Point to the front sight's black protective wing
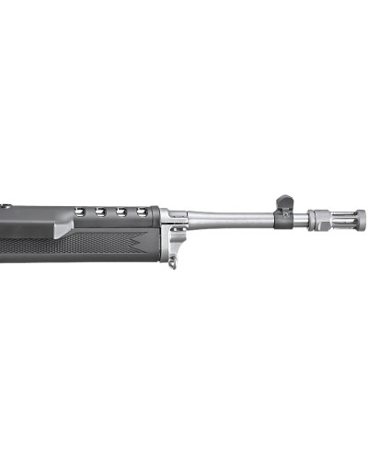tap(283, 202)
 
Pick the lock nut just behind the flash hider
tap(318, 220)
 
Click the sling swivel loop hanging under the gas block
tap(172, 263)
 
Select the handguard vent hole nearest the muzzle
tap(143, 213)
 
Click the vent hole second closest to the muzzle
tap(121, 213)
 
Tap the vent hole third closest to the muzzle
tap(100, 213)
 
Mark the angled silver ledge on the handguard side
tap(64, 226)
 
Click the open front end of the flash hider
tap(363, 220)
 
